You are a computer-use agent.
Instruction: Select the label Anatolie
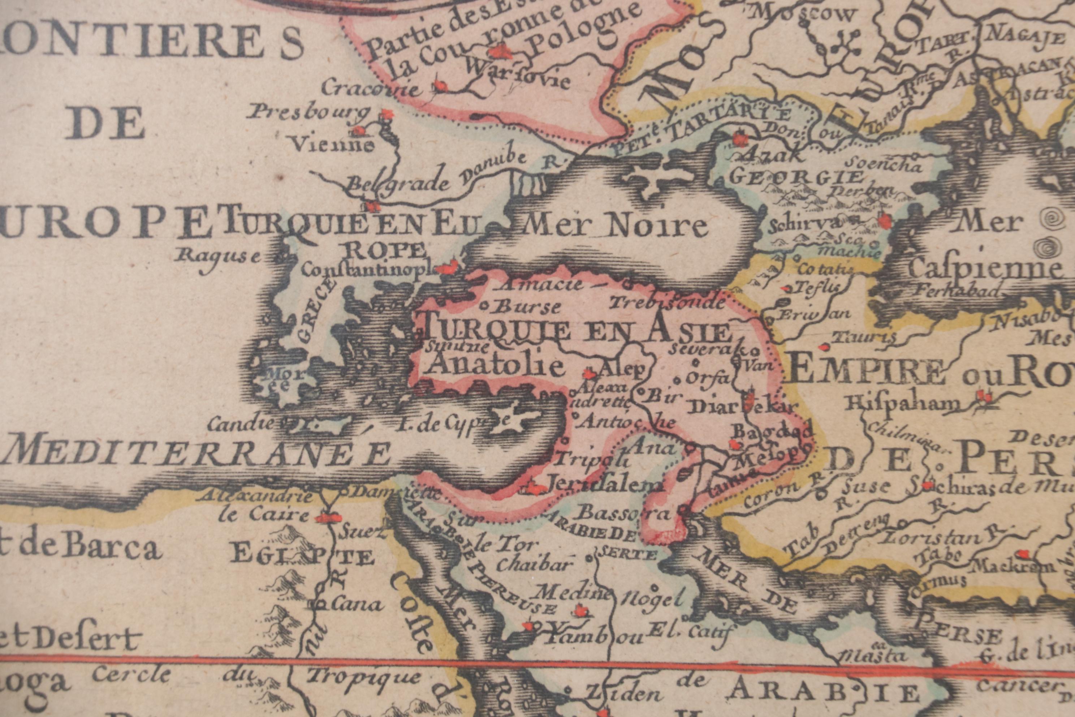[492, 365]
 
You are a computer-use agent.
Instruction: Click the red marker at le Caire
[328, 518]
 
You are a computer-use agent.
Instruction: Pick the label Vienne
[332, 145]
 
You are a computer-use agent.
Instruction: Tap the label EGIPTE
[302, 557]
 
